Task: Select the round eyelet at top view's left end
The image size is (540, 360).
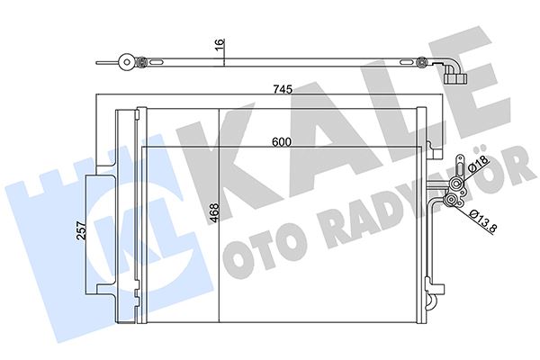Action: (x=121, y=63)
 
